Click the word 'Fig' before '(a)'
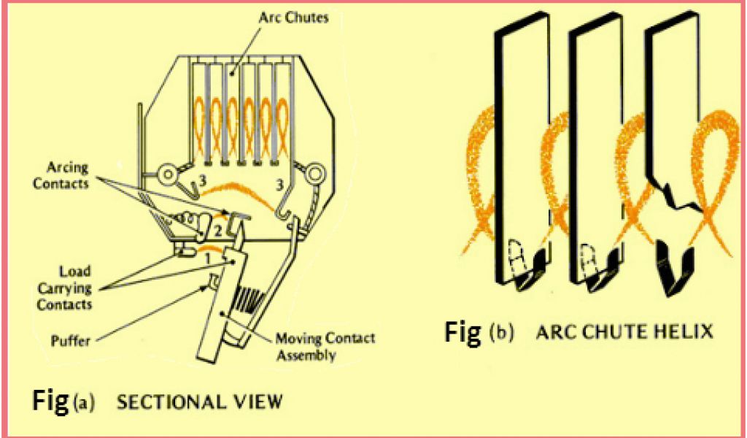52,400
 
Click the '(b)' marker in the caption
501,332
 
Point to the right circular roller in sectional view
317,174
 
